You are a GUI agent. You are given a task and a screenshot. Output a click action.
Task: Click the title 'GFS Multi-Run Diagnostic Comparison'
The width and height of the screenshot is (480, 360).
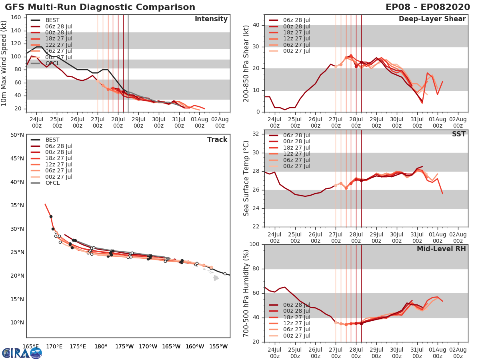[x=100, y=7]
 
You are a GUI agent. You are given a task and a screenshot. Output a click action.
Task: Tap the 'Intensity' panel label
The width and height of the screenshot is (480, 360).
[x=211, y=19]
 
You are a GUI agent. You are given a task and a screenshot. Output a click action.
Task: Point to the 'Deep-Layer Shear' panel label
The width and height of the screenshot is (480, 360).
[x=432, y=19]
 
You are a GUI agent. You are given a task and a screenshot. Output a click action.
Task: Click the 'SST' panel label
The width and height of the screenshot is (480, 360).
[x=459, y=134]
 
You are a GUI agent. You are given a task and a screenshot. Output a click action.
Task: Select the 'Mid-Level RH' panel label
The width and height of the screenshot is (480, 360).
[x=441, y=249]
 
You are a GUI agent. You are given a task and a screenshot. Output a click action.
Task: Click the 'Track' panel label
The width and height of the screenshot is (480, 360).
[x=217, y=140]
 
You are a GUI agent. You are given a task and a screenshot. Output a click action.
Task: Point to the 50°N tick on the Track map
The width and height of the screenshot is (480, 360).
[x=17, y=135]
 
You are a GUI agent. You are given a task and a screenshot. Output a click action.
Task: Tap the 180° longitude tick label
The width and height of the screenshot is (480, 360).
[x=101, y=346]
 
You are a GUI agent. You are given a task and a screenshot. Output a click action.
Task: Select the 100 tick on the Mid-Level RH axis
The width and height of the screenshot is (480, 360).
[x=254, y=244]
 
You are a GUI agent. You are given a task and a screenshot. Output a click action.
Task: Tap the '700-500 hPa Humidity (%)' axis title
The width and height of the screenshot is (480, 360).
[x=246, y=293]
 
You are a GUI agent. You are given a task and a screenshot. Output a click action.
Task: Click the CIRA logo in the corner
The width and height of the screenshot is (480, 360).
[x=22, y=353]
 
